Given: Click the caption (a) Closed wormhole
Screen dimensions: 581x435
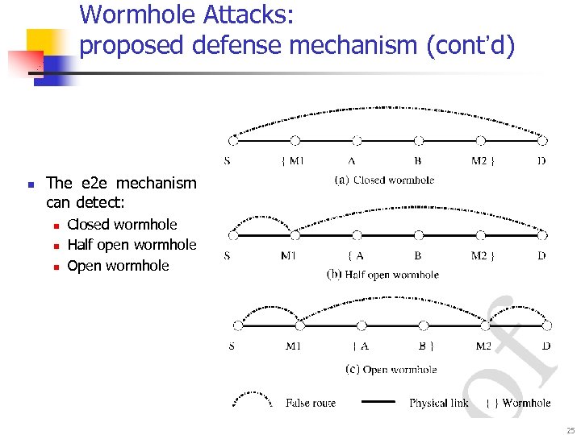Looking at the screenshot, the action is coord(383,180).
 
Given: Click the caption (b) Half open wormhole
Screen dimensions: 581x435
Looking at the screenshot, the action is coord(382,275).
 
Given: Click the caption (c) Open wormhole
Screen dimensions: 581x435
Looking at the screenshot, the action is coord(391,370).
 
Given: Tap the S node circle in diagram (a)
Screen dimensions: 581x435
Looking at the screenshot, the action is coord(233,140).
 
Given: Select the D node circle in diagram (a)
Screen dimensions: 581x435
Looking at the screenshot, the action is coord(542,140).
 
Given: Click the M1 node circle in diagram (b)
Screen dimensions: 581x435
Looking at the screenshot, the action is coord(295,235).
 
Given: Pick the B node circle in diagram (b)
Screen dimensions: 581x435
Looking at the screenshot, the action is coord(419,235).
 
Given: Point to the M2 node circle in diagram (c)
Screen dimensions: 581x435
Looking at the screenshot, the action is coord(485,325).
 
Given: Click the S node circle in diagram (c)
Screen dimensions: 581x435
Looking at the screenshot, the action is coord(238,325).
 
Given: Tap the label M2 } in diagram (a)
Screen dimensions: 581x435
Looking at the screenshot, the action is coord(483,160).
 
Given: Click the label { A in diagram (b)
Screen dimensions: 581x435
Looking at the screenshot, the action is coord(355,256).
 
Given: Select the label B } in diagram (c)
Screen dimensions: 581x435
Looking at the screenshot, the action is coord(428,346).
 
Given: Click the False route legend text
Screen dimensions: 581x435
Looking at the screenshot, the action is coord(310,402).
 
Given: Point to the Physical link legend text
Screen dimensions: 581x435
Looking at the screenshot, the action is coord(438,402).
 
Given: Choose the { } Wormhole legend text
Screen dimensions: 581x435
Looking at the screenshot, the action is coord(518,402).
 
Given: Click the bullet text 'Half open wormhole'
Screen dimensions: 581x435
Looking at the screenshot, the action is coord(132,245).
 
